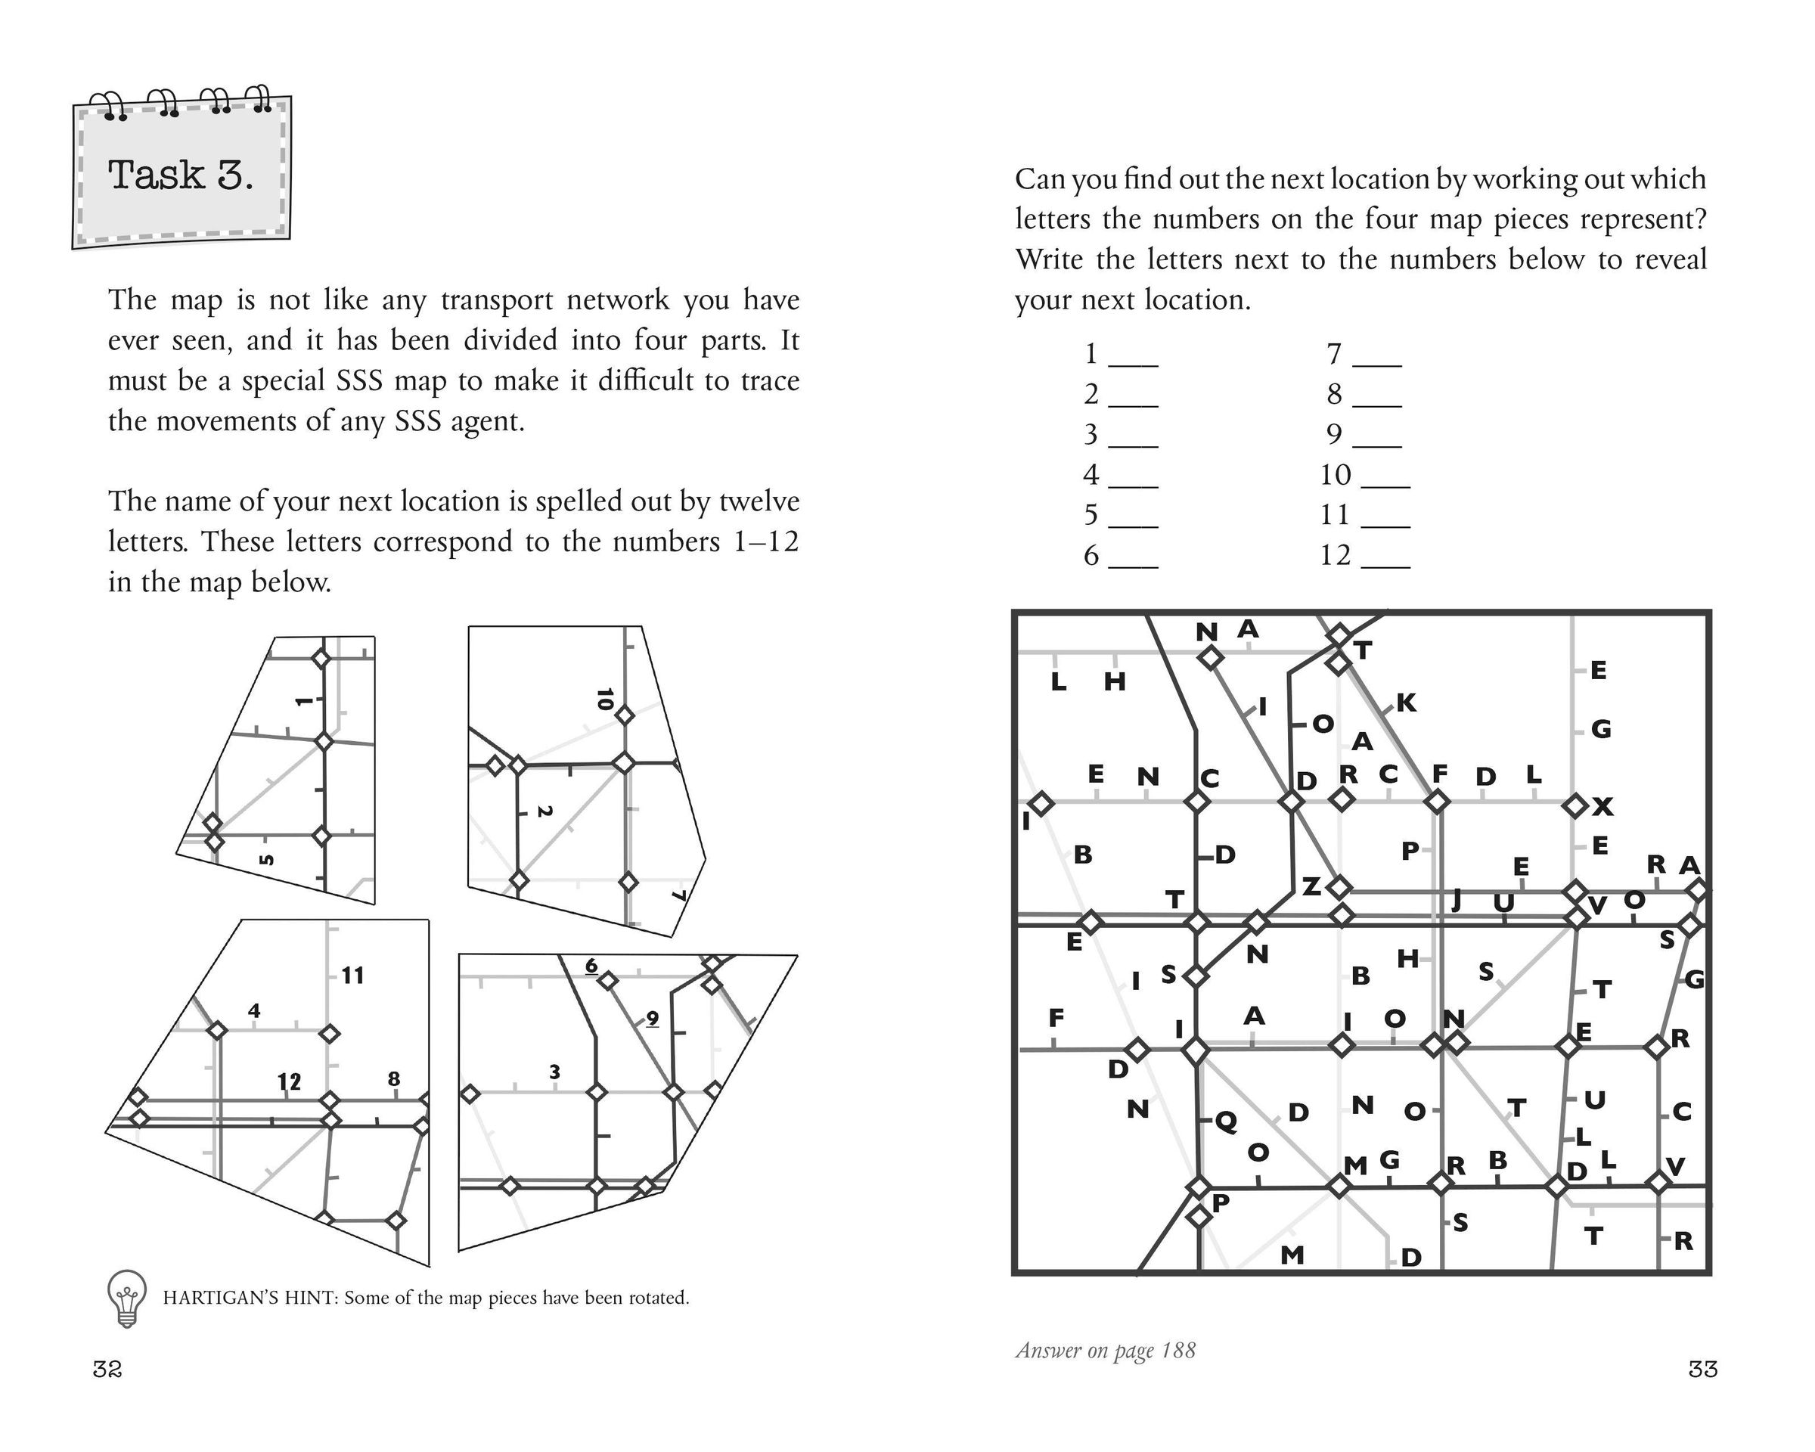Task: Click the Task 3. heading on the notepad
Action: pos(180,175)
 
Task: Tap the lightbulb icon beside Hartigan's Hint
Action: pos(126,1297)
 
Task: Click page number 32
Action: pos(107,1370)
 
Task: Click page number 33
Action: pos(1702,1370)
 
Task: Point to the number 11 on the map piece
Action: pos(352,976)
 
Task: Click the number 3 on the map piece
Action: pos(554,1072)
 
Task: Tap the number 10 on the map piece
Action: pos(603,700)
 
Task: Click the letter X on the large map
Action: pos(1602,807)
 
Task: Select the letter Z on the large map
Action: pos(1311,886)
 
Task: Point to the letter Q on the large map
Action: pos(1226,1119)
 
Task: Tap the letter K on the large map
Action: pos(1406,703)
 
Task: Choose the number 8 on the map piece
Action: pos(393,1079)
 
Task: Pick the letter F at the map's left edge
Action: pos(1056,1018)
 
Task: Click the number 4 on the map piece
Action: pos(254,1010)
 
